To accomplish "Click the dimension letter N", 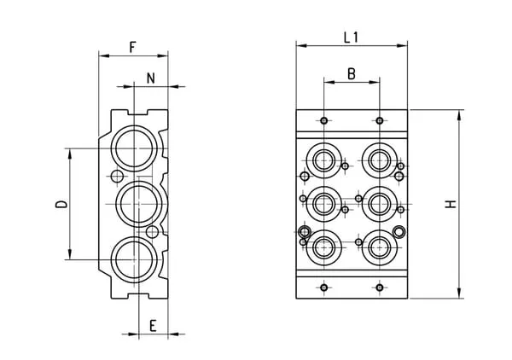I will pyautogui.click(x=151, y=78).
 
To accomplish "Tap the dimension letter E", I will pyautogui.click(x=152, y=324).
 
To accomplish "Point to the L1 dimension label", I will pyautogui.click(x=351, y=37).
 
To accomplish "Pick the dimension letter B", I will pyautogui.click(x=351, y=73).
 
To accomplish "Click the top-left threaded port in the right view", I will pyautogui.click(x=324, y=159).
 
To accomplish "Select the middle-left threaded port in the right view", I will pyautogui.click(x=324, y=203).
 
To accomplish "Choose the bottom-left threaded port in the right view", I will pyautogui.click(x=324, y=248).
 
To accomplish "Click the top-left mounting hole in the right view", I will pyautogui.click(x=324, y=120).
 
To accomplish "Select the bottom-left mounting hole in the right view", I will pyautogui.click(x=324, y=287).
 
